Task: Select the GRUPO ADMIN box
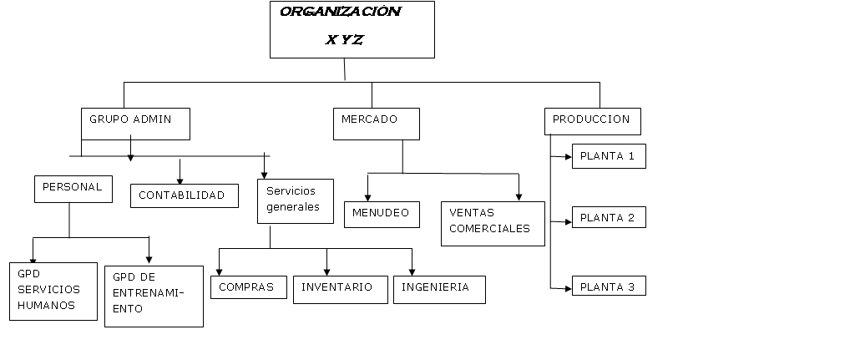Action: click(x=135, y=124)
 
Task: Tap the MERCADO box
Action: click(x=376, y=124)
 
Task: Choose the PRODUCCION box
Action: click(x=593, y=121)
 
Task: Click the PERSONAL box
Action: click(x=72, y=189)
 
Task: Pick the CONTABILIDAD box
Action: click(x=184, y=195)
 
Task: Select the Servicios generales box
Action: click(x=295, y=200)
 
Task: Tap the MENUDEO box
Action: click(x=382, y=214)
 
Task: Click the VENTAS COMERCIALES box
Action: click(x=493, y=223)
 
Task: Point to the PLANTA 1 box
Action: click(x=609, y=156)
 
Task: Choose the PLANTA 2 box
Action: click(x=609, y=218)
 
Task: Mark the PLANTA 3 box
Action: click(x=609, y=286)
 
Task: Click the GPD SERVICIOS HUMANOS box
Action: click(x=49, y=292)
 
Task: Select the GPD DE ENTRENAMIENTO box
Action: click(x=154, y=296)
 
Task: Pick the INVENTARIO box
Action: click(x=339, y=288)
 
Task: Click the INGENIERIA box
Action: click(x=438, y=288)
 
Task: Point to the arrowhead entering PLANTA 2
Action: click(x=568, y=222)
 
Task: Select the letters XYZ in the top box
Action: click(x=344, y=39)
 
